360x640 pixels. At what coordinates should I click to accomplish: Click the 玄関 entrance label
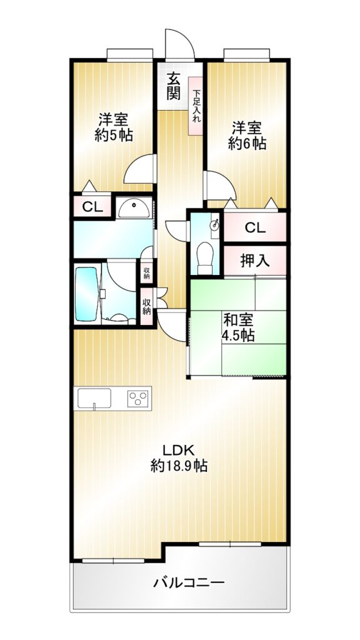174,86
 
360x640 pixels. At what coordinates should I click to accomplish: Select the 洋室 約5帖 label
114,127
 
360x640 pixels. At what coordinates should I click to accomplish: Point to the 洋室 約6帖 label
247,136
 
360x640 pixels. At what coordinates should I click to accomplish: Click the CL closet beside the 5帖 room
92,206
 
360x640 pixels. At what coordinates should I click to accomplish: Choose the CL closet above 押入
255,227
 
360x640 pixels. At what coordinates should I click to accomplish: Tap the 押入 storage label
255,261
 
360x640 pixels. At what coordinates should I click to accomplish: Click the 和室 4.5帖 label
238,327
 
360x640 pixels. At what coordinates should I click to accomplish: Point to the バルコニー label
189,582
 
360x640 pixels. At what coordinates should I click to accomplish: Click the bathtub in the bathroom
86,294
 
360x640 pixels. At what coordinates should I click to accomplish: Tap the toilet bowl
205,257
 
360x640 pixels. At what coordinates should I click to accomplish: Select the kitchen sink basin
94,398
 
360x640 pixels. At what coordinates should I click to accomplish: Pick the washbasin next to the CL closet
134,208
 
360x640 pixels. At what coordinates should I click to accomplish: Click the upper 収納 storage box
146,272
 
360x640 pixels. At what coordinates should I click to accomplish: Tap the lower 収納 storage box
146,306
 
